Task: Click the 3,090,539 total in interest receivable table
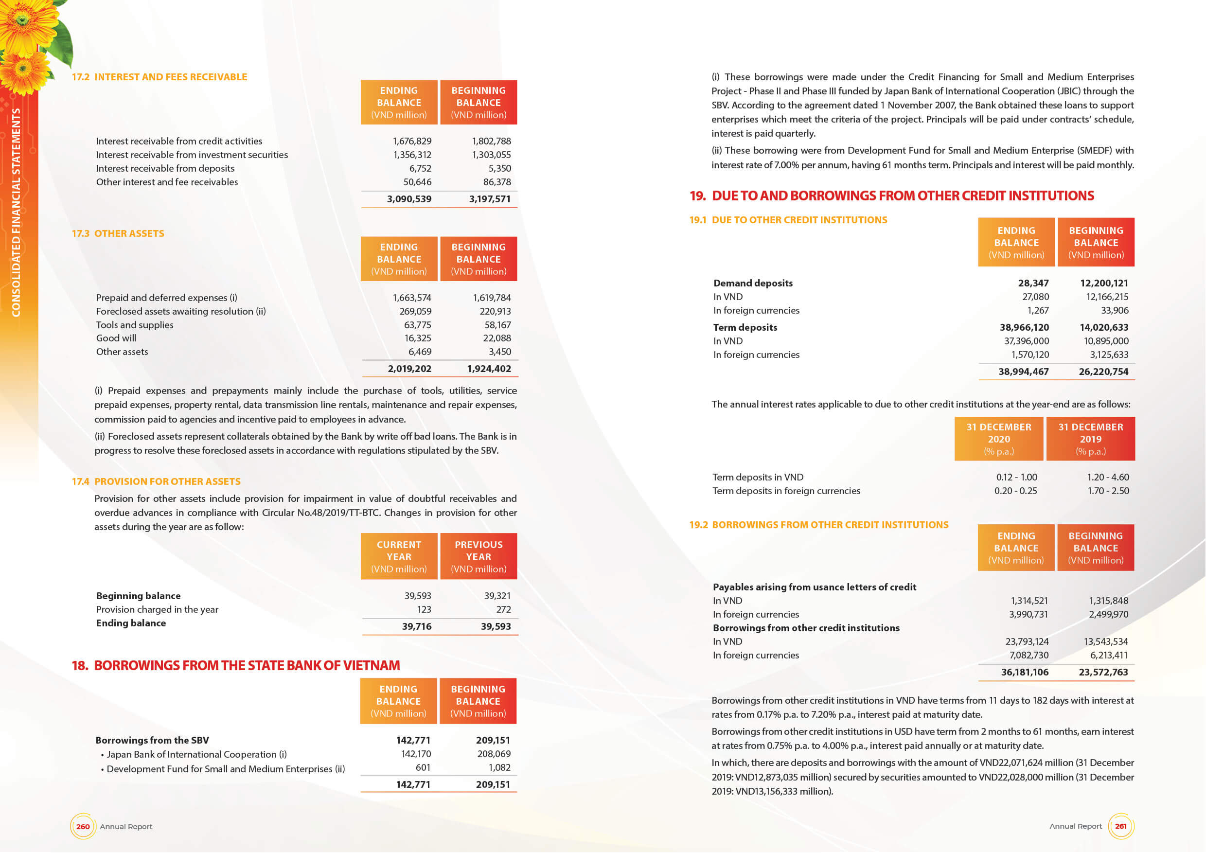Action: coord(408,199)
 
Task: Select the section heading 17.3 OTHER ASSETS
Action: coord(118,233)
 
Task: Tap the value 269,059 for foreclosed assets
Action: coord(415,311)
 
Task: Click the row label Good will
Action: coord(116,338)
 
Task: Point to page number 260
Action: coord(83,826)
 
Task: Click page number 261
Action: coord(1120,826)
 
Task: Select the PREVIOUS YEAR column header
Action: coord(478,556)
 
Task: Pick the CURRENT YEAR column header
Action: coord(399,556)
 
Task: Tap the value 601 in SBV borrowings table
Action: coord(423,767)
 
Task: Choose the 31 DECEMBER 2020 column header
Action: coord(998,439)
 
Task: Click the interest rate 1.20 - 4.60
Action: coord(1108,477)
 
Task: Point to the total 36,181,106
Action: coord(1024,672)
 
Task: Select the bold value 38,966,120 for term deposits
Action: coord(1024,327)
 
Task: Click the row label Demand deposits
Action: coord(753,283)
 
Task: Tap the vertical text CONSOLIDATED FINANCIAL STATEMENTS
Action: coord(16,212)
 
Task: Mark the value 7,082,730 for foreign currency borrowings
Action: coord(1029,655)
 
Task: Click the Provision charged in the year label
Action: coord(157,609)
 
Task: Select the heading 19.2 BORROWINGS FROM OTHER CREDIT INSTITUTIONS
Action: coord(819,525)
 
